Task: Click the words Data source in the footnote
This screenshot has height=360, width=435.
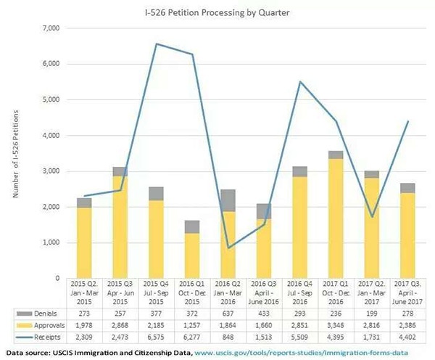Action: pos(30,353)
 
